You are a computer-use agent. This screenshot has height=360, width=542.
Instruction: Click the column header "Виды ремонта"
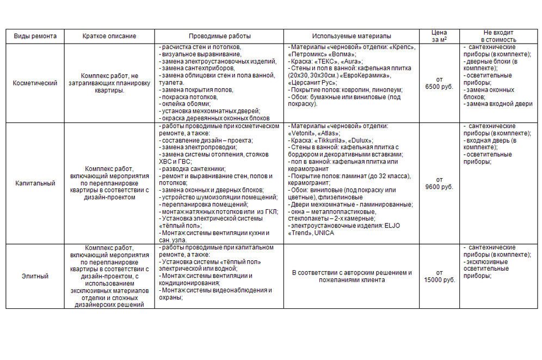(x=35, y=36)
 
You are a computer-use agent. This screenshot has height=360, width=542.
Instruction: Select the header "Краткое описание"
(x=109, y=36)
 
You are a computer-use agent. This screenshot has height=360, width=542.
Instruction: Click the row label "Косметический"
(x=35, y=83)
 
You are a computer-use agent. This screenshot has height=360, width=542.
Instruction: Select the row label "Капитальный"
(x=35, y=184)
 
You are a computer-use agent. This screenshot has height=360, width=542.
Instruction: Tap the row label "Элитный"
(x=35, y=276)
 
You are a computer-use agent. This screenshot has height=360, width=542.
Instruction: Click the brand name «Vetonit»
(x=303, y=133)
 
